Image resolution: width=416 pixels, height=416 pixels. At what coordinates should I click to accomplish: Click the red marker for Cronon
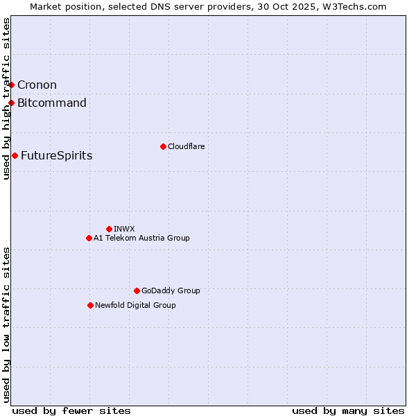[x=12, y=85]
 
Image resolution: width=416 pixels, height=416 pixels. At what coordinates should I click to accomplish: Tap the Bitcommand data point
[x=12, y=103]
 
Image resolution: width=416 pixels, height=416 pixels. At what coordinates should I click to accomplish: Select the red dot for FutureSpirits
[x=15, y=155]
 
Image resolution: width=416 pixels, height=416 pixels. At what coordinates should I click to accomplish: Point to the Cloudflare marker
[x=163, y=146]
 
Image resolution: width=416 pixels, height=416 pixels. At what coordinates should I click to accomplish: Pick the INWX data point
[x=109, y=229]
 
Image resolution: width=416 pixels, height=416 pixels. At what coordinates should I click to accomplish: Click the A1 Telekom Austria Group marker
[x=89, y=238]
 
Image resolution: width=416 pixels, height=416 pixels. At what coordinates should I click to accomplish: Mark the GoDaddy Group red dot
[x=137, y=291]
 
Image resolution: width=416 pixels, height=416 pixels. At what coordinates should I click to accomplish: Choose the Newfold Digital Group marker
[x=90, y=305]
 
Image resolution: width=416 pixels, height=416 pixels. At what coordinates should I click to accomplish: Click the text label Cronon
[x=37, y=85]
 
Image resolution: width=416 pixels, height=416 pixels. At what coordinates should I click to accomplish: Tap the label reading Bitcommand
[x=52, y=103]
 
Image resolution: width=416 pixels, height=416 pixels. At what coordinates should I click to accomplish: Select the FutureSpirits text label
[x=56, y=156]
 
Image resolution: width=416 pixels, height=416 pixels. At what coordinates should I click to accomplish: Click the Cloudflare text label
[x=186, y=146]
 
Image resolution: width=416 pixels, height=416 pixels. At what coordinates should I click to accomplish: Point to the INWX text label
[x=124, y=229]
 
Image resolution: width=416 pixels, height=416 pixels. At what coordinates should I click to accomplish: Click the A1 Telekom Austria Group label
[x=141, y=238]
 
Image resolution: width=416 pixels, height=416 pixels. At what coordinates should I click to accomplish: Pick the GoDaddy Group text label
[x=171, y=291]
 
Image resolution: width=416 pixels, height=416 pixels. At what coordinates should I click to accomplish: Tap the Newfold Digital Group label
[x=135, y=305]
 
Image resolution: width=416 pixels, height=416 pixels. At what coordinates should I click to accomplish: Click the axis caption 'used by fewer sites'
[x=71, y=410]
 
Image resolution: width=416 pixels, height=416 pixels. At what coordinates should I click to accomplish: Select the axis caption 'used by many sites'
[x=348, y=410]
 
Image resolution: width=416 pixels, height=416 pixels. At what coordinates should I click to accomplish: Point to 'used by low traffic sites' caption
[x=6, y=324]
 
